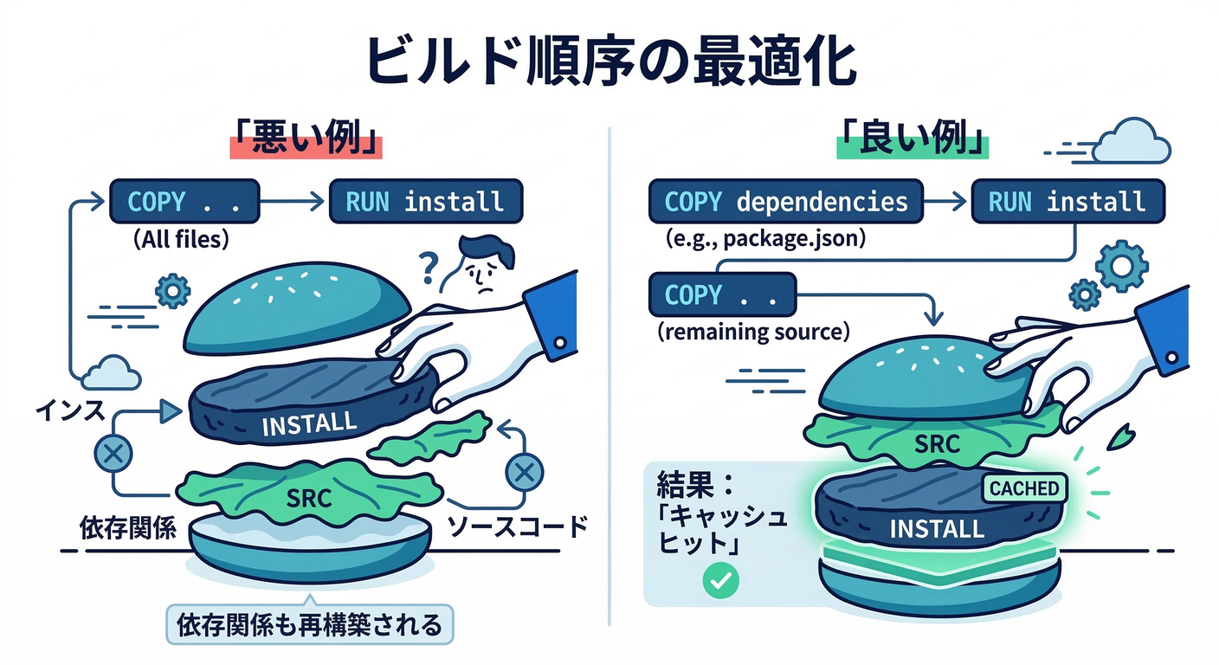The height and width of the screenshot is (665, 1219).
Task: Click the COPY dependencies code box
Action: pos(786,203)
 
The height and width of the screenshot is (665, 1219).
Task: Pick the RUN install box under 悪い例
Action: pos(425,203)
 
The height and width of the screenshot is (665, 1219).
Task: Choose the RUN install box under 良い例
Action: pos(1067,203)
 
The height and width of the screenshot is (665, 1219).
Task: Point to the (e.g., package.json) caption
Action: pos(765,239)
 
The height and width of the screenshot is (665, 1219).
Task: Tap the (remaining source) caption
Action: pos(753,332)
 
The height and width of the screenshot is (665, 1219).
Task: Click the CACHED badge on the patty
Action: pos(1024,488)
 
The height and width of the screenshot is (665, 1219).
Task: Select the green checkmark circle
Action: pos(718,581)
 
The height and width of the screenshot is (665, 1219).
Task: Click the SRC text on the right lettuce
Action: pos(938,444)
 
